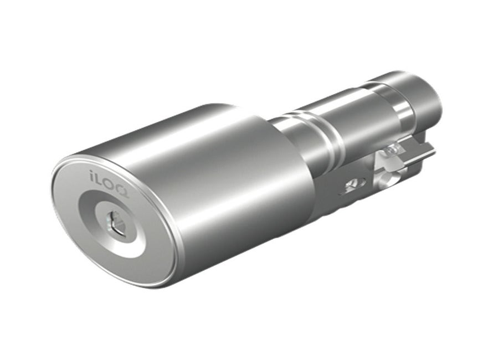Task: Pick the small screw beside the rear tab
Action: pyautogui.click(x=392, y=149)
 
